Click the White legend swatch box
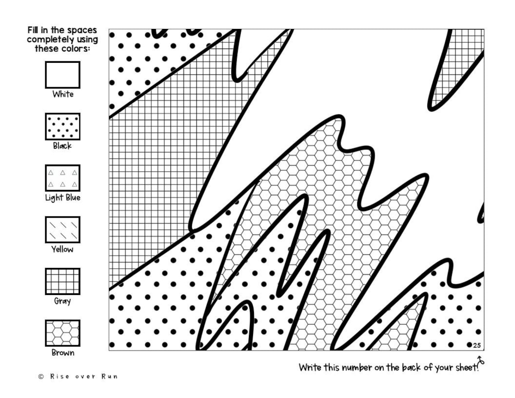click(x=62, y=75)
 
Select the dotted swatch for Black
click(x=62, y=126)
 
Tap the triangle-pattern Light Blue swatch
click(x=62, y=178)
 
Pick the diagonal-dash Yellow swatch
click(x=62, y=229)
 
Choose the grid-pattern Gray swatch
click(x=62, y=281)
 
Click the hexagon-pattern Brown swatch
click(x=62, y=333)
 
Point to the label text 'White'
click(x=62, y=94)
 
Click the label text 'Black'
click(x=62, y=146)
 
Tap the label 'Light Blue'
click(x=62, y=198)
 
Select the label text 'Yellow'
click(x=62, y=249)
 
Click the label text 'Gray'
click(x=62, y=301)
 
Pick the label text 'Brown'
click(x=62, y=353)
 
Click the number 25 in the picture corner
click(x=477, y=346)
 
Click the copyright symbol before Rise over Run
click(x=41, y=376)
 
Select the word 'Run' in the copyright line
click(x=110, y=376)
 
